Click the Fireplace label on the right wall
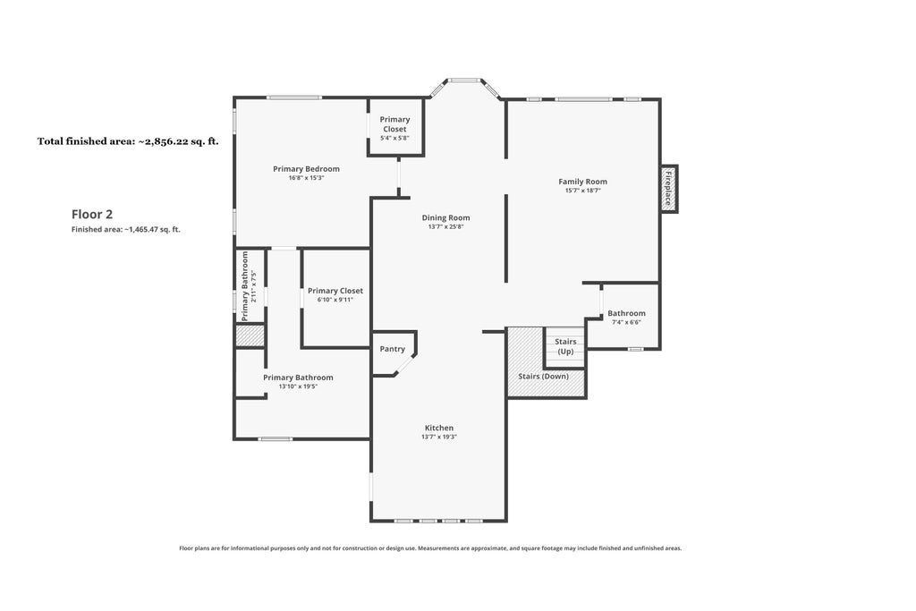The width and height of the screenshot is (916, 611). click(x=668, y=188)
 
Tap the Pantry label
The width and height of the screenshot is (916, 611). click(x=392, y=349)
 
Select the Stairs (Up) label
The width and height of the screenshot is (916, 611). click(x=565, y=346)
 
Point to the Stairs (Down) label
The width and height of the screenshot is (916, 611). click(x=543, y=377)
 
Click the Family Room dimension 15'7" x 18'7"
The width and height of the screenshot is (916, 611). click(x=583, y=191)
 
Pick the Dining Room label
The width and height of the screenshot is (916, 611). click(x=445, y=218)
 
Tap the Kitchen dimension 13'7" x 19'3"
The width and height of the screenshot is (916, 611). click(x=439, y=437)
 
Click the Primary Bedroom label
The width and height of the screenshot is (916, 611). click(x=306, y=169)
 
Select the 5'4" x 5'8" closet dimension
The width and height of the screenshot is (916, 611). click(x=394, y=139)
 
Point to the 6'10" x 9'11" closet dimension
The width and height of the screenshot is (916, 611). click(x=335, y=300)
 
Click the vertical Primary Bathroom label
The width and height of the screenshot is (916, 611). click(x=245, y=286)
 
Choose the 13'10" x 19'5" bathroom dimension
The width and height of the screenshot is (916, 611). click(x=298, y=386)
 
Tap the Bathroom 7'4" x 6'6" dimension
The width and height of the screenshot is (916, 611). click(x=626, y=322)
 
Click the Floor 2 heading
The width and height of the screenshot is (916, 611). click(x=92, y=215)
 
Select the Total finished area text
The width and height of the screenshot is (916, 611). click(x=128, y=140)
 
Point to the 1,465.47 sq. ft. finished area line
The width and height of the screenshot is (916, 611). click(x=125, y=230)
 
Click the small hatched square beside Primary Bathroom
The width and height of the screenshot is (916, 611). click(x=250, y=335)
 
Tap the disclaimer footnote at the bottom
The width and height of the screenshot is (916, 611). click(x=430, y=548)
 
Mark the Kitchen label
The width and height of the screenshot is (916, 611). click(x=439, y=429)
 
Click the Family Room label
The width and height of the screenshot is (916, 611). click(x=583, y=182)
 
